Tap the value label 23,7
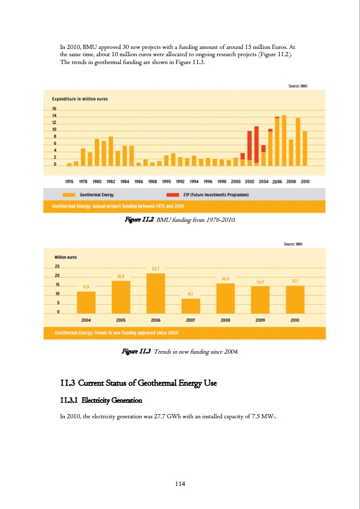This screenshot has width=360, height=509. (x=155, y=269)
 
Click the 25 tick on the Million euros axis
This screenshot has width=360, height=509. (x=57, y=266)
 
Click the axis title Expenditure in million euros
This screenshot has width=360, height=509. (x=79, y=98)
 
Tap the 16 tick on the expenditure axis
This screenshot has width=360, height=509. (x=54, y=109)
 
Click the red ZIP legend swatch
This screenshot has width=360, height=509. (x=172, y=195)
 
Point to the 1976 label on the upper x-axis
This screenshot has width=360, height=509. (x=70, y=180)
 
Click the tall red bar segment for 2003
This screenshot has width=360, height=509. (x=257, y=144)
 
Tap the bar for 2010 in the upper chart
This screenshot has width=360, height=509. (x=304, y=148)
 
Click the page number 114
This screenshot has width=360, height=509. (x=180, y=483)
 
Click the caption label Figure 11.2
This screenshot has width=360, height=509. (x=138, y=221)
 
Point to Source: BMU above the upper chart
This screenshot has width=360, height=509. (x=298, y=86)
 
